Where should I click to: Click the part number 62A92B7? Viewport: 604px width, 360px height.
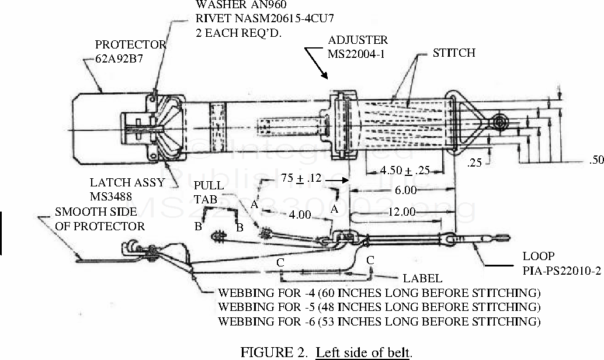pyautogui.click(x=119, y=58)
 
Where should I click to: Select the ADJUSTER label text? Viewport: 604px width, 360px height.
pyautogui.click(x=357, y=40)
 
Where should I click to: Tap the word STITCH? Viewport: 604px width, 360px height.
pyautogui.click(x=454, y=53)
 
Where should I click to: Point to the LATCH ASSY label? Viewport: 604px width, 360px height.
pyautogui.click(x=127, y=182)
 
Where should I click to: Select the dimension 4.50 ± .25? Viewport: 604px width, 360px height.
pyautogui.click(x=397, y=171)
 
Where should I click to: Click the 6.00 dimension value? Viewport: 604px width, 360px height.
pyautogui.click(x=405, y=190)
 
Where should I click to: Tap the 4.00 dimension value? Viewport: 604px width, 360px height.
pyautogui.click(x=299, y=215)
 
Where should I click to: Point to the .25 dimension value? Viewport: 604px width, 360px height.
pyautogui.click(x=475, y=162)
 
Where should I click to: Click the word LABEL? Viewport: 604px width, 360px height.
pyautogui.click(x=422, y=279)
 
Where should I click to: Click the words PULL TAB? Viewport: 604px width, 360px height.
pyautogui.click(x=209, y=192)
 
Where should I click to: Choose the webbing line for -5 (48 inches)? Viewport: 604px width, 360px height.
pyautogui.click(x=379, y=307)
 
